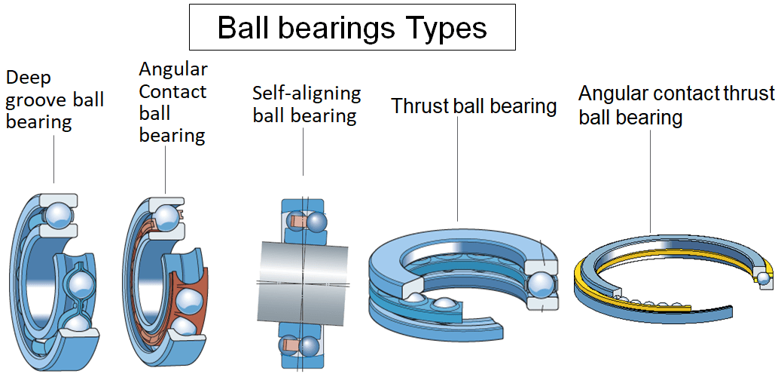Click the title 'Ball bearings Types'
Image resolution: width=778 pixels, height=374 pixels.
pos(352,28)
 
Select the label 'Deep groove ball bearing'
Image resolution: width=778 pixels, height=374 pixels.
pos(54,100)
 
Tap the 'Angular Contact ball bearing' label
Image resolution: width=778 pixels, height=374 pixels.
pos(172,103)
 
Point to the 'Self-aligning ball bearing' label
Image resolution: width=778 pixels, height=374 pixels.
pos(306,105)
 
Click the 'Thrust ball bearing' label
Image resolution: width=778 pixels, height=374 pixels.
pos(474,106)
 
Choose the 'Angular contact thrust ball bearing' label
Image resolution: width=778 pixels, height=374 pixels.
pos(676,106)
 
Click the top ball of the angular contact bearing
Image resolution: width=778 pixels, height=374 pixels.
pos(166,217)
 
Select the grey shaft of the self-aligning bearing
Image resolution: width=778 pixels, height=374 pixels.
pos(304,269)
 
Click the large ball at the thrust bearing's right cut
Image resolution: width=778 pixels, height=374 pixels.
pos(542,284)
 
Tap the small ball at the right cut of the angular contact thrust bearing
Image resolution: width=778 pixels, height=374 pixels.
pos(764,279)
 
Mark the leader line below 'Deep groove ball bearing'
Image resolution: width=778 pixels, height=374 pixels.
pos(54,158)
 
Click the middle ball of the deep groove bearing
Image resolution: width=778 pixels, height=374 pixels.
pos(80,284)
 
